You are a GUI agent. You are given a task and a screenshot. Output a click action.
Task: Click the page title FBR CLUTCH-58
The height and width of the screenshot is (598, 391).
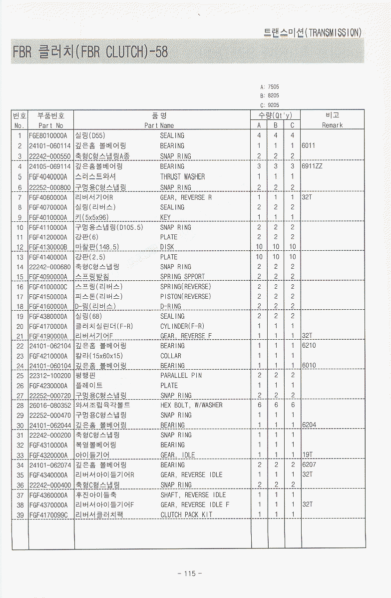pos(90,51)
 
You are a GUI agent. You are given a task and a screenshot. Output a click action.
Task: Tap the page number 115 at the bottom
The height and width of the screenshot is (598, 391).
pos(190,574)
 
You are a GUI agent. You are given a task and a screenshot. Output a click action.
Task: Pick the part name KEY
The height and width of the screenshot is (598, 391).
pos(165,217)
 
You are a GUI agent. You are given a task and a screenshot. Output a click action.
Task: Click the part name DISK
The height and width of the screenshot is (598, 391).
pos(167,247)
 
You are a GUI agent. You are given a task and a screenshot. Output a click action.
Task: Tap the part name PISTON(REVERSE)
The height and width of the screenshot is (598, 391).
pos(185,296)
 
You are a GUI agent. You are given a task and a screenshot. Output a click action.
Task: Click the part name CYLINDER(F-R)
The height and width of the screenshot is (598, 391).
pos(182,326)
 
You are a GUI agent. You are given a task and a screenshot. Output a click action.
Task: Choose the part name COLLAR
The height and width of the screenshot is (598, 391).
pos(171,356)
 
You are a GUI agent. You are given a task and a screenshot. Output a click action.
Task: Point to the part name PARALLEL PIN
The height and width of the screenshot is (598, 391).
pos(181,375)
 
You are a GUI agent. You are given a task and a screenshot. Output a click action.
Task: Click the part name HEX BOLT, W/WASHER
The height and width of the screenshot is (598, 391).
pos(191,405)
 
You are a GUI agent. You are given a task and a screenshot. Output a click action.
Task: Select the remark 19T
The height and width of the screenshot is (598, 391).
pos(308,455)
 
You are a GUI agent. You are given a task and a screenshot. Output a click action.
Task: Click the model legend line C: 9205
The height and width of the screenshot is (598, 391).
pos(270,105)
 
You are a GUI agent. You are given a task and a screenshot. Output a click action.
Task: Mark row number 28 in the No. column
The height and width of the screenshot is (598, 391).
pos(20,405)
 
